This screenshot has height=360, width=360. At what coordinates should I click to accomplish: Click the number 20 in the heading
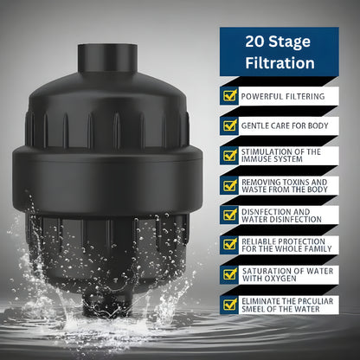[254, 42]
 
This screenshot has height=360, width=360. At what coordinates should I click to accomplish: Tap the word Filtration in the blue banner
[280, 63]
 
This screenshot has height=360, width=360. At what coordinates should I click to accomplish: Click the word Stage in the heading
[290, 42]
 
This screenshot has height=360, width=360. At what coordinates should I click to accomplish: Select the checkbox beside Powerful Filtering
[230, 96]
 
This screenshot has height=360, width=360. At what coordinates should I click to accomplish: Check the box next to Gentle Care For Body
[230, 125]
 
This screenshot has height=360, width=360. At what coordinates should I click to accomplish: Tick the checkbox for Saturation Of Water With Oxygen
[230, 274]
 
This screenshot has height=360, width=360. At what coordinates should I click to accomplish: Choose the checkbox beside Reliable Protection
[230, 245]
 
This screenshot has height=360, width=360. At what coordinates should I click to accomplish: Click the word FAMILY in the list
[318, 249]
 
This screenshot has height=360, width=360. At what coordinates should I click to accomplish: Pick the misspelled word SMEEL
[253, 309]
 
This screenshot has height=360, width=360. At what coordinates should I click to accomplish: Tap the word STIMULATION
[267, 152]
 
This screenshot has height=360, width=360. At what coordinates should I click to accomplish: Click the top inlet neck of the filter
[107, 58]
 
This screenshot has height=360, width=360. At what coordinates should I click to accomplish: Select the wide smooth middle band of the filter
[107, 180]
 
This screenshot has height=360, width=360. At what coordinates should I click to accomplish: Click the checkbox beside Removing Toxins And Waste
[230, 185]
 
